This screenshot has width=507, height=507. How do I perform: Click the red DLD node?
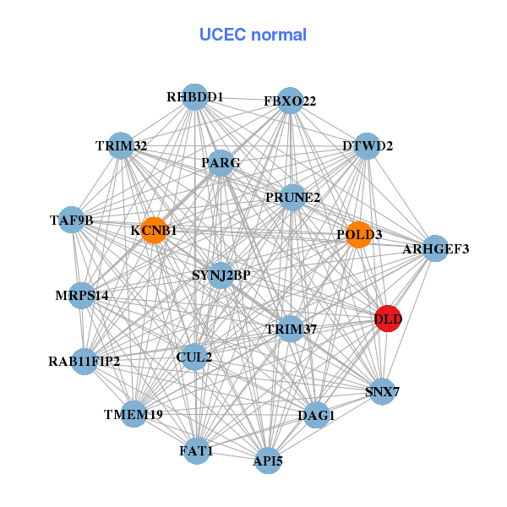pyautogui.click(x=387, y=319)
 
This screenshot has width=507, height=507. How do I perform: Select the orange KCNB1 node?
pyautogui.click(x=153, y=230)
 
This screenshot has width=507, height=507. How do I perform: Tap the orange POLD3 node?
pyautogui.click(x=359, y=234)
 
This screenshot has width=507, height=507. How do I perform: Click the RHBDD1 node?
pyautogui.click(x=195, y=97)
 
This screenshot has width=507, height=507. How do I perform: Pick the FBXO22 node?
pyautogui.click(x=290, y=101)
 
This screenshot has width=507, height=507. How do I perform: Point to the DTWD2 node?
pyautogui.click(x=368, y=146)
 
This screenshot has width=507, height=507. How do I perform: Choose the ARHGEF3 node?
pyautogui.click(x=435, y=248)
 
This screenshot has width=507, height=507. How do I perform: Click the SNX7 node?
pyautogui.click(x=383, y=391)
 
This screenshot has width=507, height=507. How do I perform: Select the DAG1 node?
pyautogui.click(x=316, y=415)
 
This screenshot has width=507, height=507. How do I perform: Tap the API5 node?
pyautogui.click(x=267, y=461)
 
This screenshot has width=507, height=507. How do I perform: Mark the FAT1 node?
pyautogui.click(x=196, y=452)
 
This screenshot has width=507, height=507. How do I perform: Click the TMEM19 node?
pyautogui.click(x=134, y=414)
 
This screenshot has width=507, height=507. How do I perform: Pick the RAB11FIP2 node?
pyautogui.click(x=84, y=362)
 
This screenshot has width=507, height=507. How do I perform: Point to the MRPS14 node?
pyautogui.click(x=82, y=296)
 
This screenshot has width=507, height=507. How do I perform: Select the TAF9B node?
pyautogui.click(x=72, y=221)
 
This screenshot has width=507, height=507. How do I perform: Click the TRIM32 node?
pyautogui.click(x=122, y=146)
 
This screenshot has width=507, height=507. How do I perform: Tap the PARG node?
pyautogui.click(x=221, y=162)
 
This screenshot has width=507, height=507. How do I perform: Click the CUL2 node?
pyautogui.click(x=194, y=357)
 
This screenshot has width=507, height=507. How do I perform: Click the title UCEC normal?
pyautogui.click(x=253, y=35)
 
